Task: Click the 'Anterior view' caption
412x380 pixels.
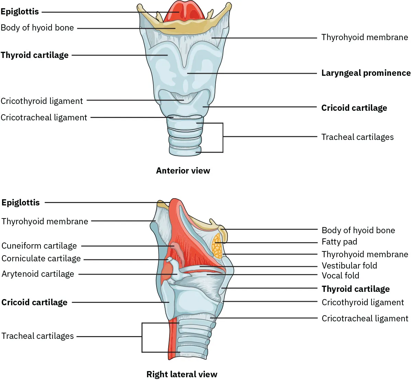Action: [x=183, y=170]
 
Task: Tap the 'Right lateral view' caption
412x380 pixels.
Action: [x=182, y=374]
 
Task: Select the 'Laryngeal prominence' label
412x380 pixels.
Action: [x=366, y=73]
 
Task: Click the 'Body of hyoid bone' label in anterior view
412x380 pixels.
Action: [x=37, y=28]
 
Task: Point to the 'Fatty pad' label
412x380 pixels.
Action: [x=339, y=242]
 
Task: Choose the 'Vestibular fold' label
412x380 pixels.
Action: [x=349, y=265]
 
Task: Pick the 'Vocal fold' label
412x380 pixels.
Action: [x=340, y=275]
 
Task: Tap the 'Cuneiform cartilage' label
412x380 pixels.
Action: [x=39, y=246]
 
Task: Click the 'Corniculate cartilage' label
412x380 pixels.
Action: [x=41, y=259]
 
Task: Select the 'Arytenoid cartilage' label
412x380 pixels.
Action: [x=38, y=274]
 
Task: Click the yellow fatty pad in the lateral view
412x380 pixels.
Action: [x=217, y=246]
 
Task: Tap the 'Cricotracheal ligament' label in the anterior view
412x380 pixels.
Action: [x=44, y=118]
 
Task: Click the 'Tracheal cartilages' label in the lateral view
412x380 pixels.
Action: [x=38, y=336]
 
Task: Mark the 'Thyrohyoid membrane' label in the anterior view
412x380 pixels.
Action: [x=365, y=37]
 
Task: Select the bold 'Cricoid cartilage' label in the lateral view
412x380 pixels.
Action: [x=34, y=302]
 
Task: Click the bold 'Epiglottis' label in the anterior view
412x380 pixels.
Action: [x=20, y=12]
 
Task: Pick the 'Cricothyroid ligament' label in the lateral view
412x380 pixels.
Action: [x=363, y=302]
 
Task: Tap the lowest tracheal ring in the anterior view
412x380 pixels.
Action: [x=185, y=150]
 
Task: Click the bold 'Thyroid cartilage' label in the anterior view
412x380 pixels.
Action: [x=34, y=55]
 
